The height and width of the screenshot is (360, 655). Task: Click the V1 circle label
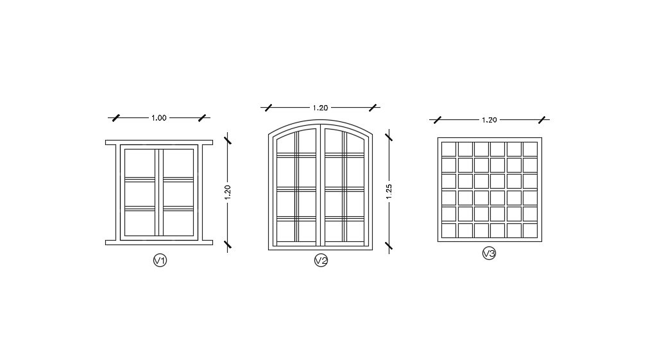(x=160, y=260)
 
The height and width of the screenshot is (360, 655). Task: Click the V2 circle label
(x=321, y=260)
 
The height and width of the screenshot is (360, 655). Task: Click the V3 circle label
(x=489, y=253)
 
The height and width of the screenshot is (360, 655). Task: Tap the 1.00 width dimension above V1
(x=158, y=118)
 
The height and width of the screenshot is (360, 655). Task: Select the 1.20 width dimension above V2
(x=320, y=108)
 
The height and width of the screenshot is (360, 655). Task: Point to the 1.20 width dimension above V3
(x=489, y=120)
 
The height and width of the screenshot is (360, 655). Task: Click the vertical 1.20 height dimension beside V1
(x=228, y=192)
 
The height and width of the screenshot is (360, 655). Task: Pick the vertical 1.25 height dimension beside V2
(x=389, y=192)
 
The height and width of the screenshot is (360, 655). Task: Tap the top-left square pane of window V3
(x=448, y=149)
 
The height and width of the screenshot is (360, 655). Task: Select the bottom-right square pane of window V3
(x=530, y=230)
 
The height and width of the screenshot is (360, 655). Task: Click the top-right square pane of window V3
(x=530, y=149)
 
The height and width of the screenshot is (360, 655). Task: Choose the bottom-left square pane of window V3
(x=448, y=230)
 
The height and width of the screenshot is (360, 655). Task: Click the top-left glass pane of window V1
(x=140, y=163)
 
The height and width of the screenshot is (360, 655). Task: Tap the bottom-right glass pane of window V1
(x=178, y=223)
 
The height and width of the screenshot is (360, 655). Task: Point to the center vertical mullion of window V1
(x=159, y=193)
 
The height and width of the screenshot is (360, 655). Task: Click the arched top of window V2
(x=320, y=123)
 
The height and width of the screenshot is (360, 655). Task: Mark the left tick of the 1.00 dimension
(x=115, y=118)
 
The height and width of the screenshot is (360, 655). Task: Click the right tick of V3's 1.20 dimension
(x=542, y=120)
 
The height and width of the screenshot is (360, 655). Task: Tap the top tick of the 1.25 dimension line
(x=389, y=135)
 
